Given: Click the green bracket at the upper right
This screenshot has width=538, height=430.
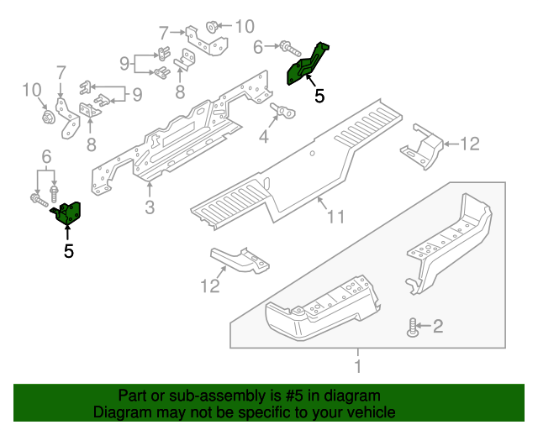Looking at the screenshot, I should (x=308, y=63).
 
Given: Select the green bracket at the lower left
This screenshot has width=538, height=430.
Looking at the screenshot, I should (x=68, y=213).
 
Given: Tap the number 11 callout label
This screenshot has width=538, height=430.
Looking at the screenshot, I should (x=335, y=218).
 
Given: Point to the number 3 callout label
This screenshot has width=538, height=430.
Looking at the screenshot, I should (x=149, y=207).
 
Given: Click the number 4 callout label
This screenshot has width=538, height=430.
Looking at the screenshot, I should (x=264, y=137).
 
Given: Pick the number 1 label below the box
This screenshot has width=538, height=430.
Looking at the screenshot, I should (x=358, y=366).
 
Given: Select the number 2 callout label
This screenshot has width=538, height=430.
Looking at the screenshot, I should (x=436, y=327).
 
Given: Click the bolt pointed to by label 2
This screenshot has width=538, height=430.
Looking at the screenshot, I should (x=412, y=328).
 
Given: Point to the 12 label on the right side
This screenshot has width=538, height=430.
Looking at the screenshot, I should (x=469, y=144).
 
